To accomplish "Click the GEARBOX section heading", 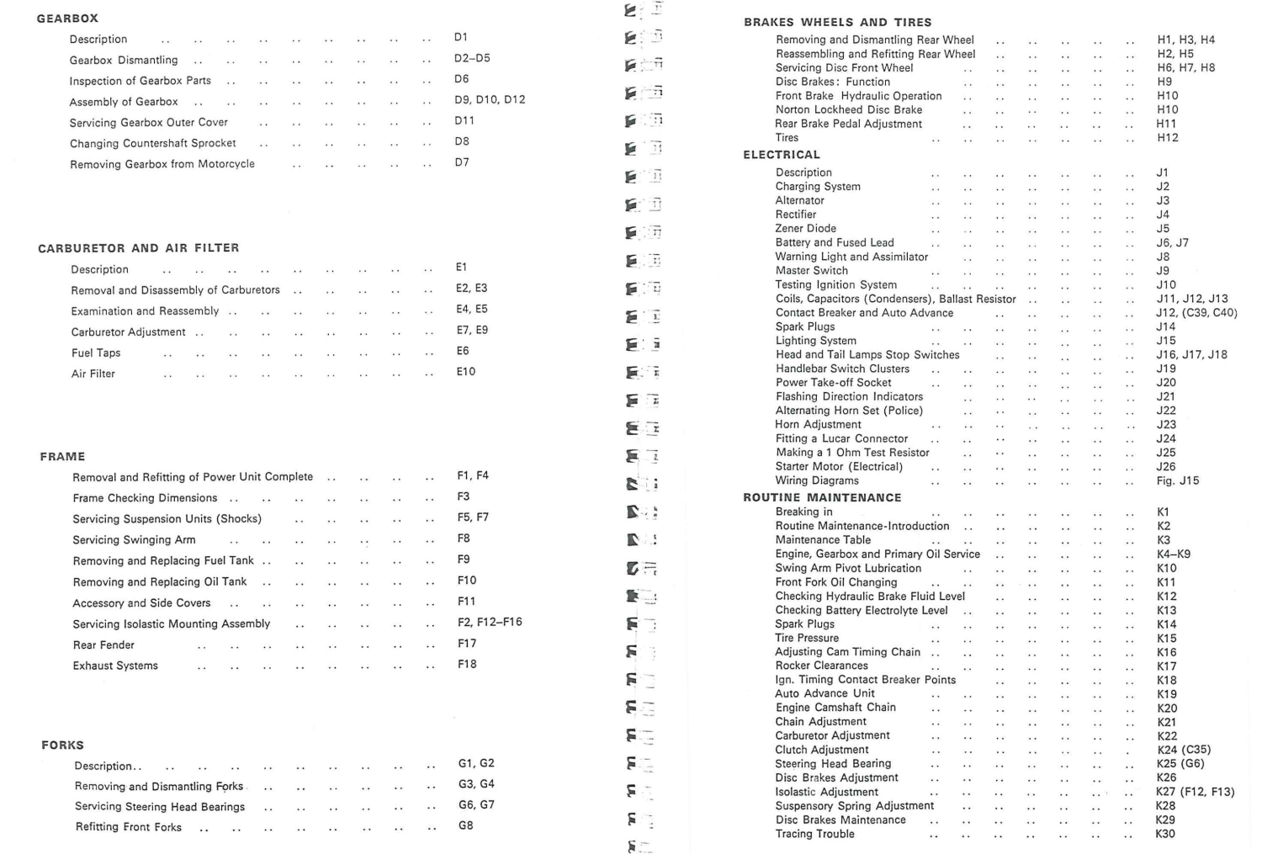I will point(67,19).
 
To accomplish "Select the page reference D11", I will point(464,120).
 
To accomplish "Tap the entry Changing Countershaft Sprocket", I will point(152,143).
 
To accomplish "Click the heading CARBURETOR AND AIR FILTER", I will point(139,248).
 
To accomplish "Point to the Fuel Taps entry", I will point(96,353).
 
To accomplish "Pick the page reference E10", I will point(466,372).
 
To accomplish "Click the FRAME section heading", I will point(62,457).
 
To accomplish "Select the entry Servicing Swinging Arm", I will point(134,540).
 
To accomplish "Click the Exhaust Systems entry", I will point(115,666).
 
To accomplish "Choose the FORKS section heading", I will point(62,745).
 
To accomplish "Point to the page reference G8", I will point(466,825).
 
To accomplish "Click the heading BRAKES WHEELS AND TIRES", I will point(837,23).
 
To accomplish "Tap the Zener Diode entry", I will point(805,229).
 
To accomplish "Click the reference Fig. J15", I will point(1178,480).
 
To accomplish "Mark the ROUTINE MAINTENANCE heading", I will point(822,497).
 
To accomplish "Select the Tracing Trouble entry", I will point(814,834).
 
